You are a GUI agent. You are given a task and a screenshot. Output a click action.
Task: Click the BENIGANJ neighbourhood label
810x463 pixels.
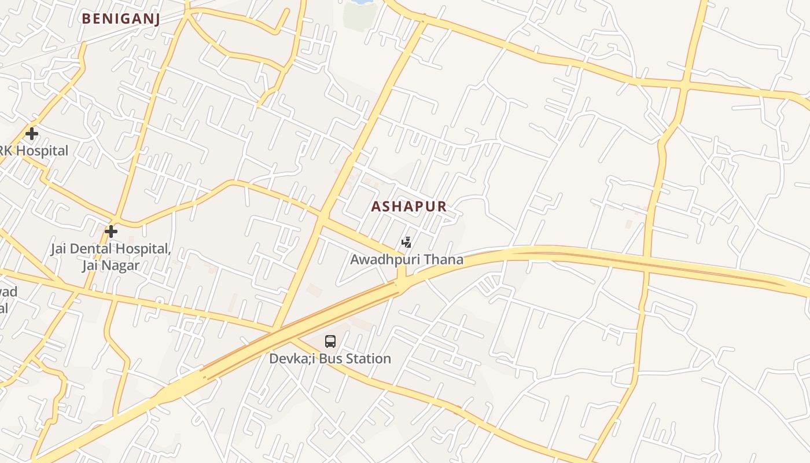pos(120,19)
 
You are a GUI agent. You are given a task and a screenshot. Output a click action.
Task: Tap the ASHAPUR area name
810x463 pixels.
pos(408,207)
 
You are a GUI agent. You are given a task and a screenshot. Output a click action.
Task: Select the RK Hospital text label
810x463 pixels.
pos(34,151)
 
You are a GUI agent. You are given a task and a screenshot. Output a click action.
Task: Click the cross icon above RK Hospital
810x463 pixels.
pos(32,134)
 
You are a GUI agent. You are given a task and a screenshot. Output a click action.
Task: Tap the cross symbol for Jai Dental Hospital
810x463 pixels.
pos(111,231)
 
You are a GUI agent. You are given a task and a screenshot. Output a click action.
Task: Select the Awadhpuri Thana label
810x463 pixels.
pos(407,259)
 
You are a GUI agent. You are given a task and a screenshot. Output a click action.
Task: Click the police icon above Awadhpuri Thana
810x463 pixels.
pos(407,242)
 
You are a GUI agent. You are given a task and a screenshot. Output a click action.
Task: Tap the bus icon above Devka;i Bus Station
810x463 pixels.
pos(330,341)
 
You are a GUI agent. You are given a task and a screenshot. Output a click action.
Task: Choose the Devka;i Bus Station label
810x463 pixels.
pos(330,359)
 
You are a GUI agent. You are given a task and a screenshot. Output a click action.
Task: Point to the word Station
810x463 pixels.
pos(369,359)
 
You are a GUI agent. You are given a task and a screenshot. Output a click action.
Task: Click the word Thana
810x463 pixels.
pos(444,259)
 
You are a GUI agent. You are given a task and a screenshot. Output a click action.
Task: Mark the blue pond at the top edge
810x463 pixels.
pos(359,2)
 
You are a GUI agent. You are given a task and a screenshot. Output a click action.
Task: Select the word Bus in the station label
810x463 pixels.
pos(332,359)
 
